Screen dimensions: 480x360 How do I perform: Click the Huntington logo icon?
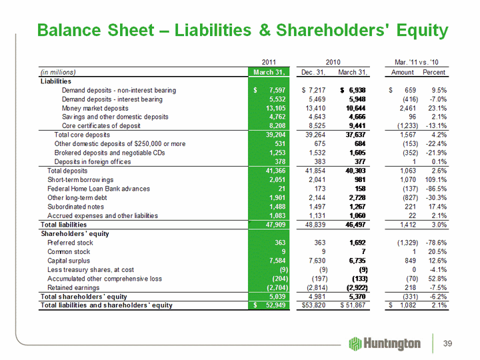tap(355, 344)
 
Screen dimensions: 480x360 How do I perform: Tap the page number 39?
tap(447, 343)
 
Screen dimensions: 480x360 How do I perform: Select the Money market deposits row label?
tap(95, 108)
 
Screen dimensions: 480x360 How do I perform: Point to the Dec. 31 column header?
tap(313, 72)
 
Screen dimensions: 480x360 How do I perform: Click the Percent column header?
tap(434, 72)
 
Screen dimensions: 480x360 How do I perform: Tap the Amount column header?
tap(402, 72)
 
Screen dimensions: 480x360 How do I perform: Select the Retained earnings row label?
tap(73, 288)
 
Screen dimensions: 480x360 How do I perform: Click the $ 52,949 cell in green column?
tap(269, 305)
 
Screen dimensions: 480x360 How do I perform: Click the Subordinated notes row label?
tap(75, 207)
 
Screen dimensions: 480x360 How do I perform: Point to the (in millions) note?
tap(58, 72)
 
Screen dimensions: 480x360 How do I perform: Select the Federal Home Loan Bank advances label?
tap(99, 189)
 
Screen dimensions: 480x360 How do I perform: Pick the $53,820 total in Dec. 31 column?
tap(313, 305)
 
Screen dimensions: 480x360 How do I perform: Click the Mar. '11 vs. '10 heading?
tap(417, 62)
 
